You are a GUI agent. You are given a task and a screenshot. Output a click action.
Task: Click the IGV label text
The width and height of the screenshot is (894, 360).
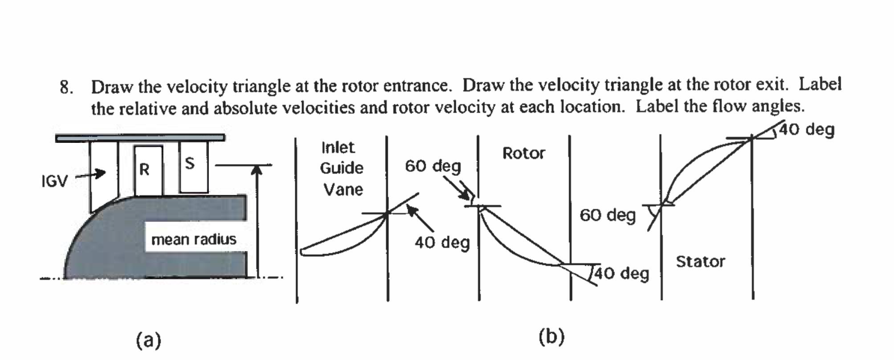click(54, 182)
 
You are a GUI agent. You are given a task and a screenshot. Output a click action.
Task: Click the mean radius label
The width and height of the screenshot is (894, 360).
click(194, 240)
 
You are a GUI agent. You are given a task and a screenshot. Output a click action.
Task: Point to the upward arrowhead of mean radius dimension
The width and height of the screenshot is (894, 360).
click(256, 170)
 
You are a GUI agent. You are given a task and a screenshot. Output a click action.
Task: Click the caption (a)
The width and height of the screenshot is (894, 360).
click(149, 340)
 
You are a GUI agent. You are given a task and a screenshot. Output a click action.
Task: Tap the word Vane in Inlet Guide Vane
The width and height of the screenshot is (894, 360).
click(343, 189)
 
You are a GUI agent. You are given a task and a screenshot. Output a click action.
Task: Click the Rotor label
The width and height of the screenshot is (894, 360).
click(523, 153)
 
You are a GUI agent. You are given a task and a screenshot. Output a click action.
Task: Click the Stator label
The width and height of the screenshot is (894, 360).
click(700, 262)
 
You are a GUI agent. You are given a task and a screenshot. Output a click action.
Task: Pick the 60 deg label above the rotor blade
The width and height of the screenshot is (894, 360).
click(433, 166)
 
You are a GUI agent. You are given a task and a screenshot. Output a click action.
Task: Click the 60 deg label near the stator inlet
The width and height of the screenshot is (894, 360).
click(607, 215)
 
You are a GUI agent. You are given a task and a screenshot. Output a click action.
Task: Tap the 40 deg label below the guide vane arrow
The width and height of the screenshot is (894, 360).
click(442, 243)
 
